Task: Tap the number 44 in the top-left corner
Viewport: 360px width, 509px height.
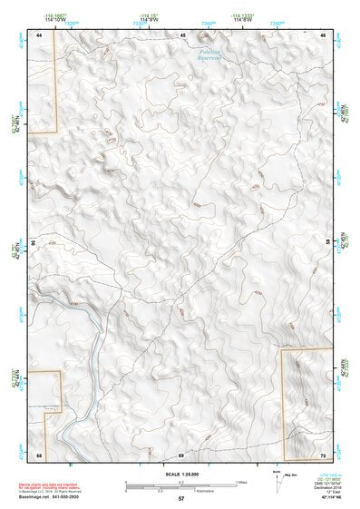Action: tap(39, 34)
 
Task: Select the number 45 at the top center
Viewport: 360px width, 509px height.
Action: tap(182, 34)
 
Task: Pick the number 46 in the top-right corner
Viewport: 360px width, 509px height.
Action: tap(324, 34)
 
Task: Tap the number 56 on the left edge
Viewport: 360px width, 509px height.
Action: tap(34, 243)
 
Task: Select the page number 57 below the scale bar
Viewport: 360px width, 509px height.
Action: tap(181, 499)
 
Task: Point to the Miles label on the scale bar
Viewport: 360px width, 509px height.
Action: tap(242, 482)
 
